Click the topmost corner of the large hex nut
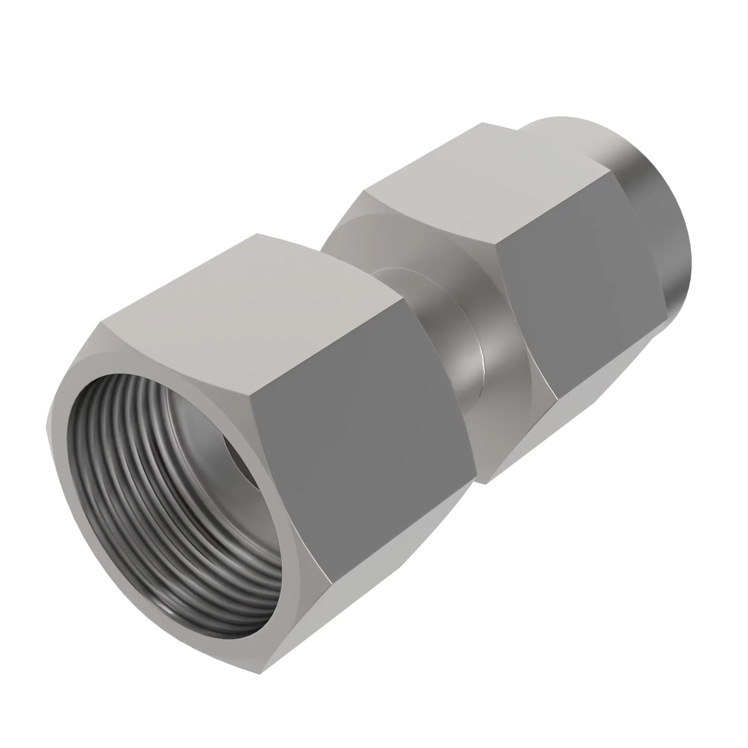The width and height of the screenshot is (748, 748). tap(257, 234)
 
